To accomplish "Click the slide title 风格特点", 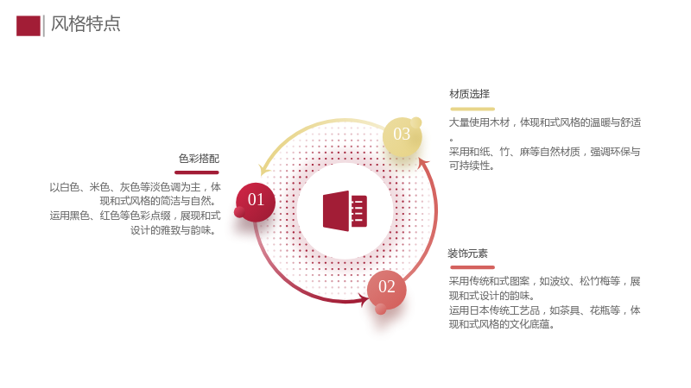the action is pyautogui.click(x=86, y=24).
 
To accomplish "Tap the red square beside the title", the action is pyautogui.click(x=29, y=26).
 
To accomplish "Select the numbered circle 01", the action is pyautogui.click(x=256, y=202).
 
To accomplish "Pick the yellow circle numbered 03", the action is pyautogui.click(x=402, y=136).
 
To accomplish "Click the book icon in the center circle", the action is pyautogui.click(x=345, y=210).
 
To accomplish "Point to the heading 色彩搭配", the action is pyautogui.click(x=199, y=159).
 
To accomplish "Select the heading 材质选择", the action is pyautogui.click(x=469, y=94).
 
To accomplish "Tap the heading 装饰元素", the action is pyautogui.click(x=467, y=253).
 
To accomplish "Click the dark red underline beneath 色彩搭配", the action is pyautogui.click(x=197, y=172).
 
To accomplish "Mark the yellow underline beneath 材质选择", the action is pyautogui.click(x=472, y=109).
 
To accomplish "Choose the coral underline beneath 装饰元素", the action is pyautogui.click(x=472, y=267).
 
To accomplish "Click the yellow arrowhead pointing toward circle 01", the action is pyautogui.click(x=264, y=169).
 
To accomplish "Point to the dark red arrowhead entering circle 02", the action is pyautogui.click(x=364, y=300).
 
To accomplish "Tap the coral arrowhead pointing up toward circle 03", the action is pyautogui.click(x=423, y=164).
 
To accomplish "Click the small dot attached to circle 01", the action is pyautogui.click(x=239, y=212).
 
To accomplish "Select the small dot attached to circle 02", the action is pyautogui.click(x=381, y=310).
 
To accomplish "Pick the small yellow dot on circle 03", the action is pyautogui.click(x=416, y=122).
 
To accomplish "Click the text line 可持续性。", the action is pyautogui.click(x=472, y=166).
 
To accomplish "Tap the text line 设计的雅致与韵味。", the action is pyautogui.click(x=173, y=230).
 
